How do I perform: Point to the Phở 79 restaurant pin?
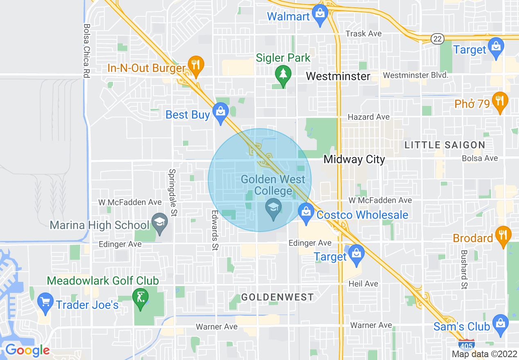coord(499,101)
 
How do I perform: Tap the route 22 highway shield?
coord(437,38)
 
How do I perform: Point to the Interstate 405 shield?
coord(467,345)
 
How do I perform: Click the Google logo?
coord(27,350)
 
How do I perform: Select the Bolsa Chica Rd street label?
coord(86,51)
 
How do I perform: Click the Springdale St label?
coord(173,193)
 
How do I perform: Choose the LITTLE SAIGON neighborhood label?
coord(445,145)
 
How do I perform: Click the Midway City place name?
coord(354,159)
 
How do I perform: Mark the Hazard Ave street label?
coord(368,117)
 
